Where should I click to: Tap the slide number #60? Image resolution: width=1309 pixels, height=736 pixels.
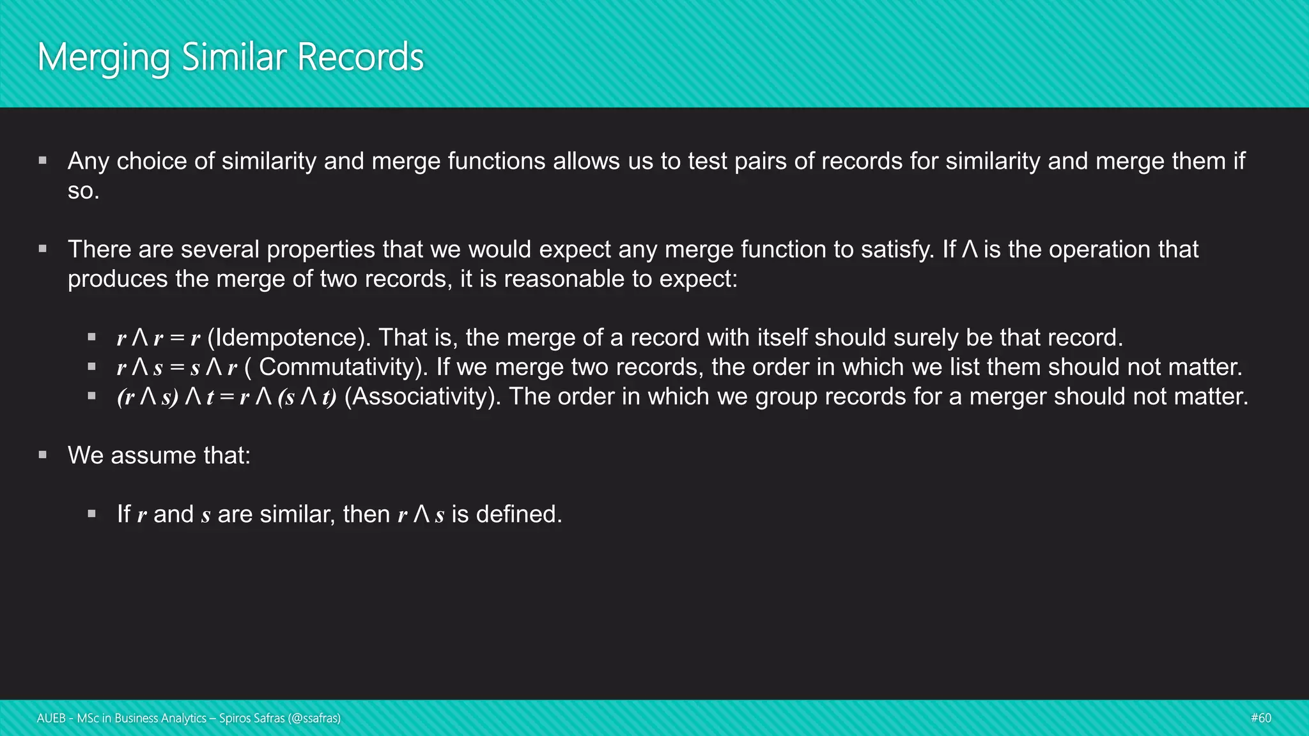pos(1260,718)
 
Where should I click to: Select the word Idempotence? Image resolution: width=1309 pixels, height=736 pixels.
pos(289,337)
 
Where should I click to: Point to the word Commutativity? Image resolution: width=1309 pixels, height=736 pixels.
pos(343,367)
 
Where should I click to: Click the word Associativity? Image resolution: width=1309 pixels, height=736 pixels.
pos(422,397)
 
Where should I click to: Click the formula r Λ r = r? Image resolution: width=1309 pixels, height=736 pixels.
pos(159,338)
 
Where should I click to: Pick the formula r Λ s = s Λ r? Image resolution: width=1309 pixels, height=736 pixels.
pos(177,367)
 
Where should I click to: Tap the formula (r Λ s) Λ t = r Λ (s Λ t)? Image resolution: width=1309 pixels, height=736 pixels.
pos(226,397)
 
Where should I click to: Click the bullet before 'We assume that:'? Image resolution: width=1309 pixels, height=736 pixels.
pos(43,455)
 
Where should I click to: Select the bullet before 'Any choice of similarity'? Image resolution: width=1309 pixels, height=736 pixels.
pos(43,160)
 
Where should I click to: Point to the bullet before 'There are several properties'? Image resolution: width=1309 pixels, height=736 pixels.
pos(43,249)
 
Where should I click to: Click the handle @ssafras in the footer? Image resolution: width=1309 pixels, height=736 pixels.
pos(314,718)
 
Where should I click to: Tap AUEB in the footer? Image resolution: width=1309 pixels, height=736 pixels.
pos(51,718)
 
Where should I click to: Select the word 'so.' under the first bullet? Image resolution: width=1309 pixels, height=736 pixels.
pos(83,191)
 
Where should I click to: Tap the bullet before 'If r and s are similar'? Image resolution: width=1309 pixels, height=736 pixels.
pos(92,514)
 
